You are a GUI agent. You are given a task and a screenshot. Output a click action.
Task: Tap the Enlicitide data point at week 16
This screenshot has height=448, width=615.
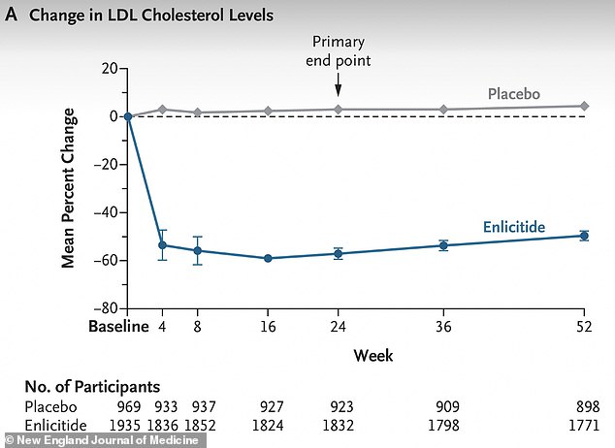(268, 258)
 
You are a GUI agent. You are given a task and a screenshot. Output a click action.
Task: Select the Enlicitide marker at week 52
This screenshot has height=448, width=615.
(584, 236)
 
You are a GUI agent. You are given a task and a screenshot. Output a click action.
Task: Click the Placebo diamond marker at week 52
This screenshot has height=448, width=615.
(584, 106)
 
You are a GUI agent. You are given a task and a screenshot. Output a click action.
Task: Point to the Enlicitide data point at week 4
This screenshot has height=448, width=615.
(163, 245)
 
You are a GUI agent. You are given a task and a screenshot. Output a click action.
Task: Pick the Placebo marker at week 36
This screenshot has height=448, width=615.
(443, 110)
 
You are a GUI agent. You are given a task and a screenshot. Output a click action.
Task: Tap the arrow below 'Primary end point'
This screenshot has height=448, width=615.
(338, 86)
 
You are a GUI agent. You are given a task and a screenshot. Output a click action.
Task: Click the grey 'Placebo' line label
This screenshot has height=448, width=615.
(514, 94)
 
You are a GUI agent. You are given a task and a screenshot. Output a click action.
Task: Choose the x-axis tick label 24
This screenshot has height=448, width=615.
(338, 327)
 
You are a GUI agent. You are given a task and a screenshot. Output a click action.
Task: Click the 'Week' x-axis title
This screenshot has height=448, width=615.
(373, 356)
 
